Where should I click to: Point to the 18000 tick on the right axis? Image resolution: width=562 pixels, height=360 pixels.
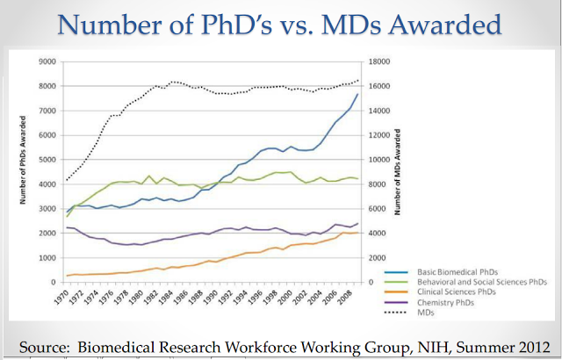coord(378,61)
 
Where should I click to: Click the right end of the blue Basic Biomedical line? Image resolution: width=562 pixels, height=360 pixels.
coord(357,94)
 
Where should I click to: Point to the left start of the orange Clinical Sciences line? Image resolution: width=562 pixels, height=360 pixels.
coord(67,276)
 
